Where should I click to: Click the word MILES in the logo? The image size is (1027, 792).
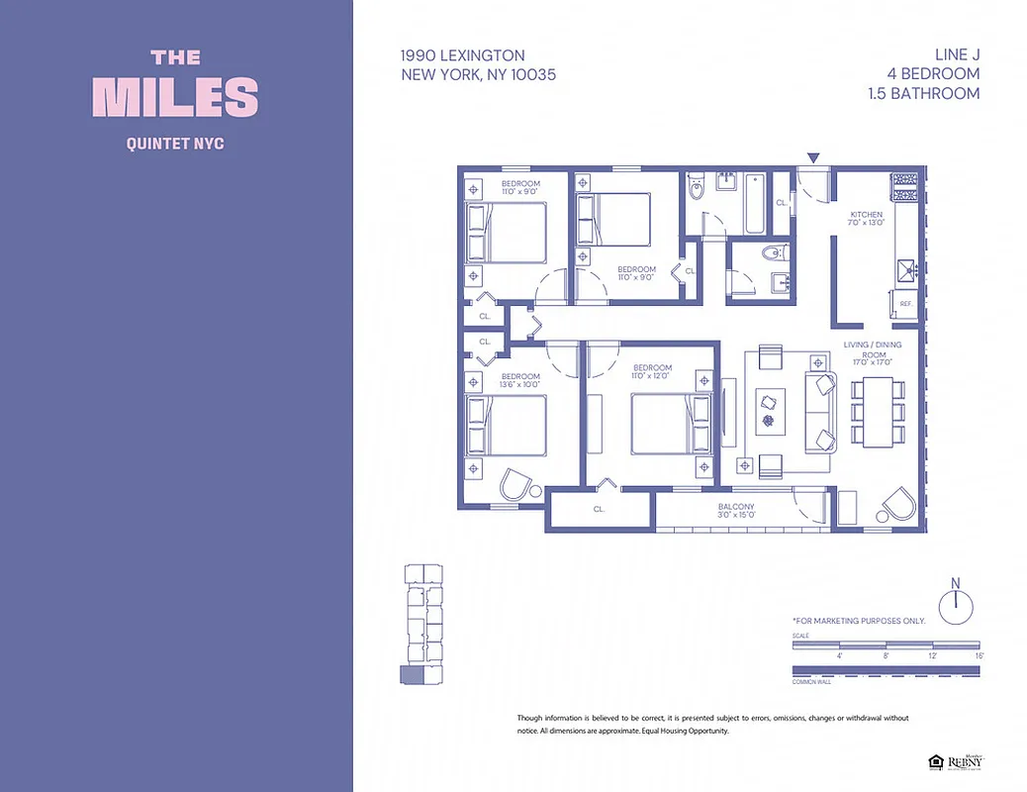(x=175, y=97)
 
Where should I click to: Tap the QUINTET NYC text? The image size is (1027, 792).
(x=175, y=144)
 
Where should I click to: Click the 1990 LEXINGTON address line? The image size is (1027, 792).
(x=463, y=55)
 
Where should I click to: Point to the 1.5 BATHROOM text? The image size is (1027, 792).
(x=933, y=94)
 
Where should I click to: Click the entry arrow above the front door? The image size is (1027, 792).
(x=814, y=157)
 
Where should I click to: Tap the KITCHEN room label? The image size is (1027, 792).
(x=866, y=215)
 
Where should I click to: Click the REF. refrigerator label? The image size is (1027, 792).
(x=905, y=304)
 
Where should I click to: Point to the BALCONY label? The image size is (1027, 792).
(x=735, y=507)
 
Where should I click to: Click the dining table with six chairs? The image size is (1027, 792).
(x=878, y=410)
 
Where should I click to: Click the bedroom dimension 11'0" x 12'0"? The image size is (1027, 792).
(x=652, y=376)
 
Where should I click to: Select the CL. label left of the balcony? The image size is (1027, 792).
(x=599, y=509)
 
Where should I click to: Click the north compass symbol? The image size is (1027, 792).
(x=956, y=604)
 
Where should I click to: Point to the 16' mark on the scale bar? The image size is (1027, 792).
(x=979, y=655)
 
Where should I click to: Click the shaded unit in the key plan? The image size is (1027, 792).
(x=411, y=675)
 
